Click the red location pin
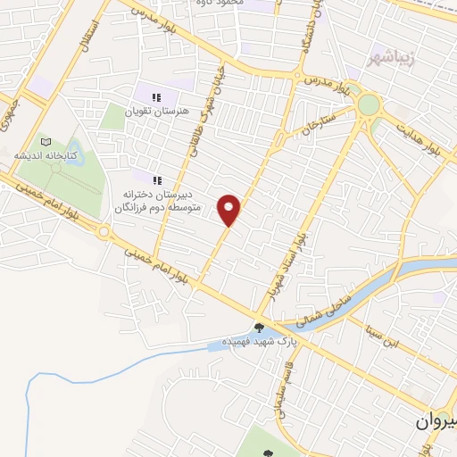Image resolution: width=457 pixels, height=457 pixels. pos(229,209)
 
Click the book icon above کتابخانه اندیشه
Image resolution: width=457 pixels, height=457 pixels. pos(46,141)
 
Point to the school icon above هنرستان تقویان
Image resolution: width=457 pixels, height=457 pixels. pos(156,97)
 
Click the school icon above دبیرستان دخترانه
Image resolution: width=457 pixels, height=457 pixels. pos(156,177)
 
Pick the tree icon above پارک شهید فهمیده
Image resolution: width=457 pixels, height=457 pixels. pos(259,328)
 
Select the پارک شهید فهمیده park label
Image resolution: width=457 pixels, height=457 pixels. pos(259,342)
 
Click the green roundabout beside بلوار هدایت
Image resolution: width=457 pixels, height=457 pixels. pos(368,104)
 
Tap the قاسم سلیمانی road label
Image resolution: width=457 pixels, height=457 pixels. pos(286,394)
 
